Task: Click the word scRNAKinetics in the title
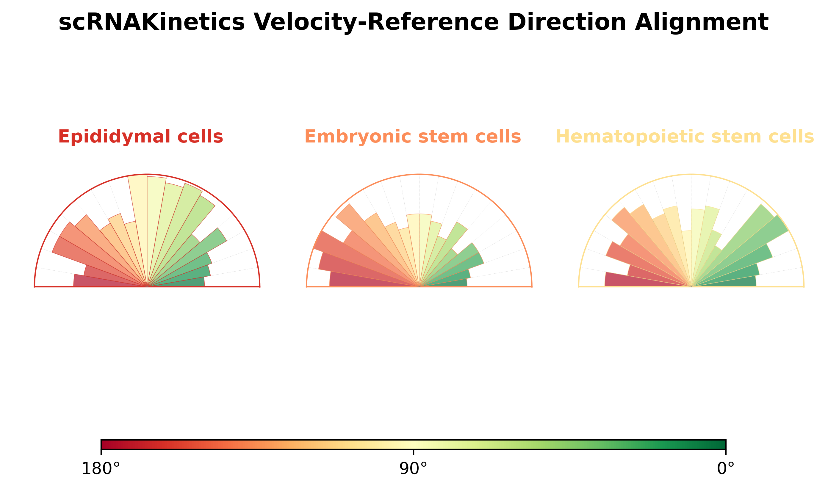point(151,23)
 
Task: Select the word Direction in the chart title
point(567,23)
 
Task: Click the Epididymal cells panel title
point(140,137)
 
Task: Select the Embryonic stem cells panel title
point(412,137)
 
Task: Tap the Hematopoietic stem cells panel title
point(685,137)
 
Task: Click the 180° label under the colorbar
point(101,469)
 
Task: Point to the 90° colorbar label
point(413,469)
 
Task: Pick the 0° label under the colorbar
point(726,469)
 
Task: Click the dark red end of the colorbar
point(104,444)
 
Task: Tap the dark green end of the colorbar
point(722,444)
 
